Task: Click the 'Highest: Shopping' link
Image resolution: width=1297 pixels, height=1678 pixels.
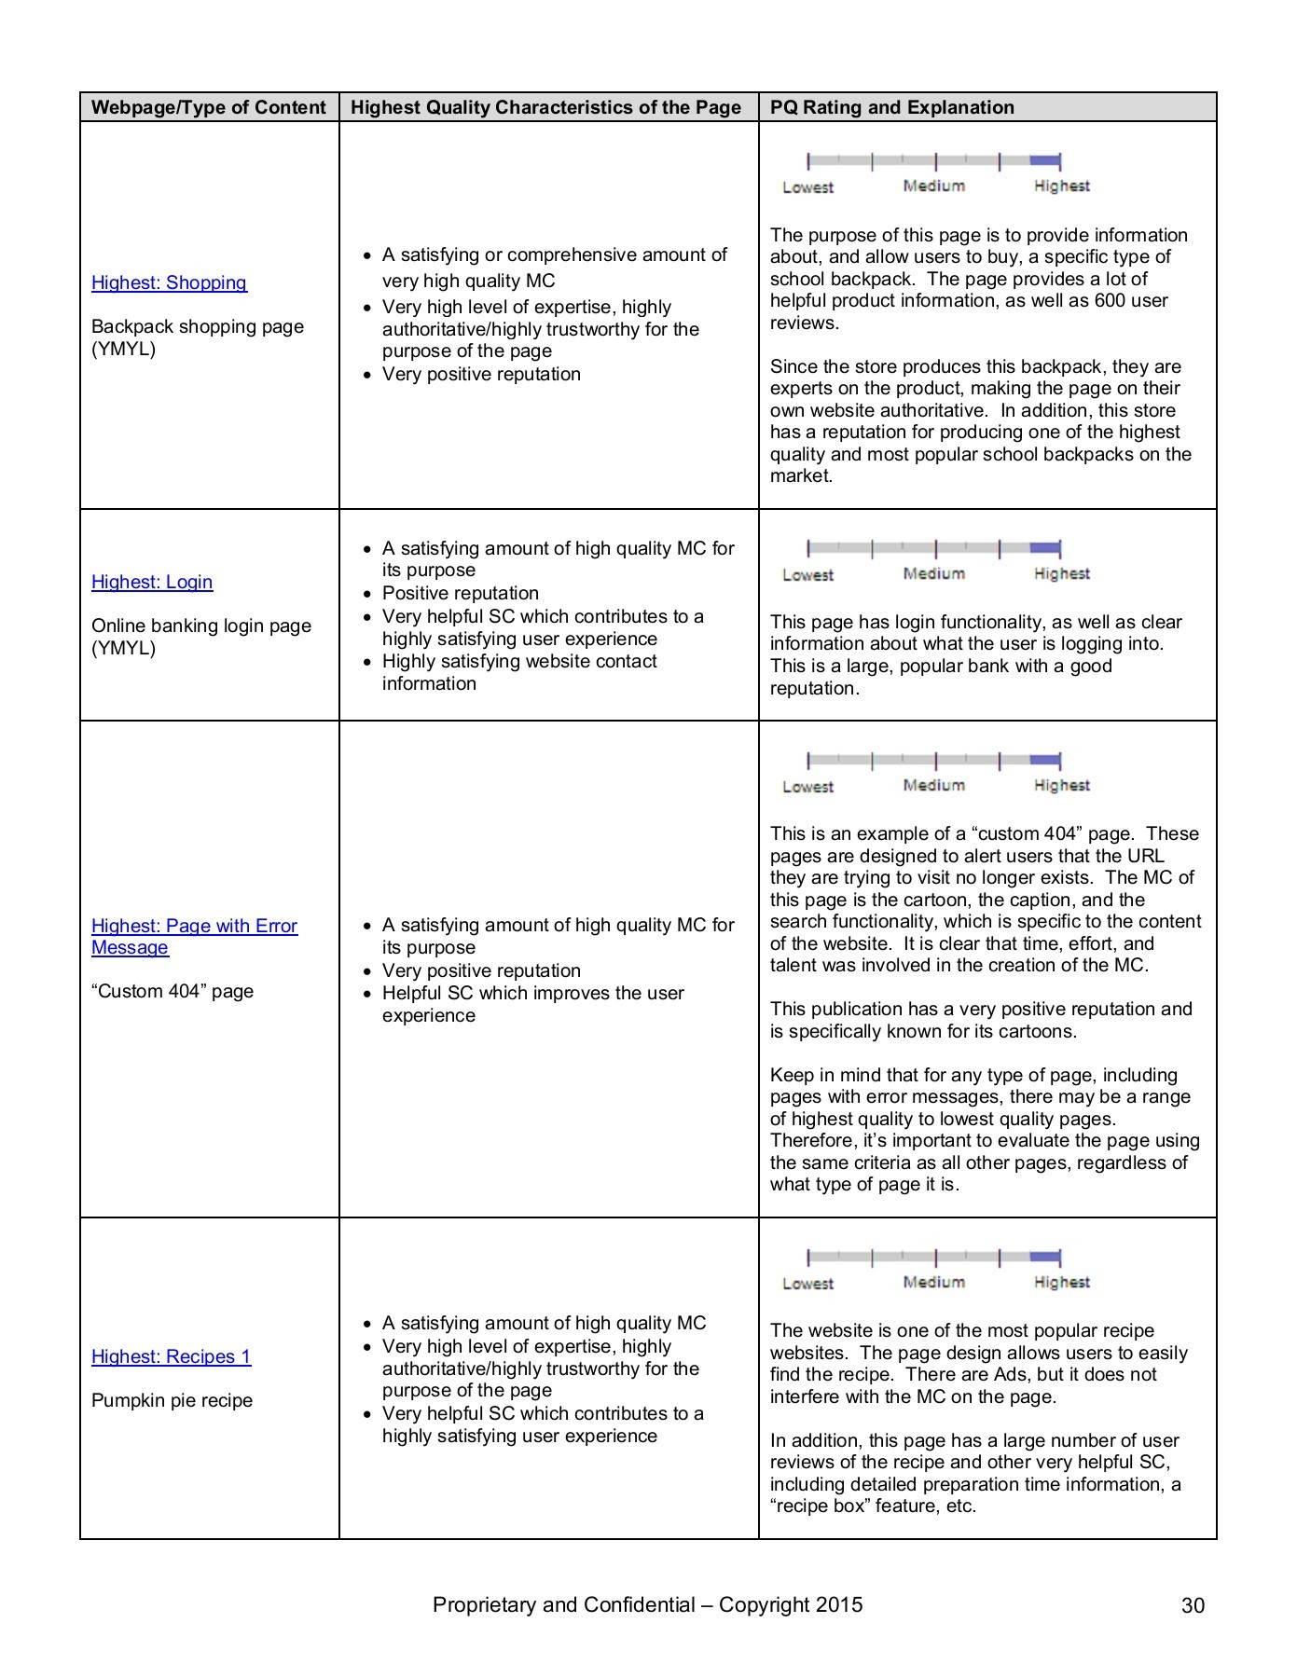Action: pos(169,282)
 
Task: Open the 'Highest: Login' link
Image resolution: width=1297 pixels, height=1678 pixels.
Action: pos(152,582)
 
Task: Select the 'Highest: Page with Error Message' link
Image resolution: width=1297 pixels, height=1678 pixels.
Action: pos(194,936)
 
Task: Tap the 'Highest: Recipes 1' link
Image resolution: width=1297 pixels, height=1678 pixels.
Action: pos(171,1356)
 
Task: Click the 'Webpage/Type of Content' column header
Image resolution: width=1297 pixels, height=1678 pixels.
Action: pos(209,107)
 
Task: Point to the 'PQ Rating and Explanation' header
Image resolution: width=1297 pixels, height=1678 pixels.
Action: pos(891,107)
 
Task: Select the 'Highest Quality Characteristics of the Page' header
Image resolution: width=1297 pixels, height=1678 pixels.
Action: pos(545,107)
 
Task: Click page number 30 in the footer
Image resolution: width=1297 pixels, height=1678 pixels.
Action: pos(1193,1605)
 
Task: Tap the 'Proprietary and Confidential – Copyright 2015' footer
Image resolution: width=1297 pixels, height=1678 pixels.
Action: pos(647,1604)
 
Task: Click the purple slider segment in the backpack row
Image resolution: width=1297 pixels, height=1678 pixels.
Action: pos(1045,160)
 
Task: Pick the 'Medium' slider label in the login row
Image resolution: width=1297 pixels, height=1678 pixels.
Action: pos(933,574)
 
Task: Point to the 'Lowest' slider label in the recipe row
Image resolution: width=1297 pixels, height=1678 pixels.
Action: pos(807,1284)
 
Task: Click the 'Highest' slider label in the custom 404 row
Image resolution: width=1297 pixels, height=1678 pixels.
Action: pos(1061,786)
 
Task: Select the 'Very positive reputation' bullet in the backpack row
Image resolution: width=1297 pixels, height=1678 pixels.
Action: pos(481,374)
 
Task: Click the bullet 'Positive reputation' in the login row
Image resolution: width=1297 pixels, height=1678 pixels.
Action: pos(461,593)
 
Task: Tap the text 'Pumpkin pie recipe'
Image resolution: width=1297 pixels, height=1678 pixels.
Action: pos(172,1400)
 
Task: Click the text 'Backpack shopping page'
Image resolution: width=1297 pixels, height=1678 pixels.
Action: pos(198,326)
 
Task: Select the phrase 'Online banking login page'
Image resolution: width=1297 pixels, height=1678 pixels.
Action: pos(201,626)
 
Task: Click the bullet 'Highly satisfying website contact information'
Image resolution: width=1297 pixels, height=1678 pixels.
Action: pos(518,672)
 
